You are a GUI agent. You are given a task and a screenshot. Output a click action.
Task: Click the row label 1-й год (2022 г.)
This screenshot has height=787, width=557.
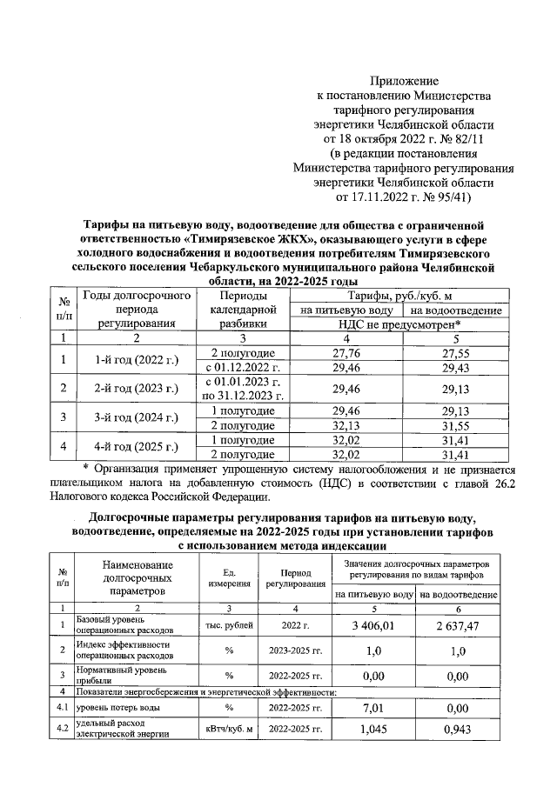(x=130, y=361)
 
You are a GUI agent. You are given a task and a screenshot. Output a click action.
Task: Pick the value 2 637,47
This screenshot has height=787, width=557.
(x=458, y=624)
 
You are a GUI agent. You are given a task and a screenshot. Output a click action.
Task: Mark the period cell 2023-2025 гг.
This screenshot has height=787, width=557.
(x=296, y=650)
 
